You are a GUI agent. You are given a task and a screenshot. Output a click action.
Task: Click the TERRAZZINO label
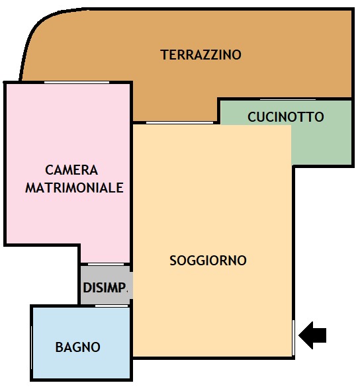click(201, 54)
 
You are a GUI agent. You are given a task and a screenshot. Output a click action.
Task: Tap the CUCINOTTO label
click(286, 116)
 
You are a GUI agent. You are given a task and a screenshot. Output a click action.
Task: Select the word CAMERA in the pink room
click(71, 170)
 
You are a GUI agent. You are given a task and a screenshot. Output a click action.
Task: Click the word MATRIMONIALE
click(74, 188)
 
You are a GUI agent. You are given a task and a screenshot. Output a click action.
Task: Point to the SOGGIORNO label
click(208, 261)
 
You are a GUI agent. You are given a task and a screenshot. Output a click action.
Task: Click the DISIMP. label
click(105, 288)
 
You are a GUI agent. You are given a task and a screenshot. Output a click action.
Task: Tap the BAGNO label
click(78, 347)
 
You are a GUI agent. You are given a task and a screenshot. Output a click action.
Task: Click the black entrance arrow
click(312, 335)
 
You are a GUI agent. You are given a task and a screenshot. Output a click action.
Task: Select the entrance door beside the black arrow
click(293, 337)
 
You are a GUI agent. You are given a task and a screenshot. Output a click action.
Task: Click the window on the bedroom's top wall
click(77, 82)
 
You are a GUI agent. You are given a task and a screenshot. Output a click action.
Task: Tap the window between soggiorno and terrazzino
click(179, 122)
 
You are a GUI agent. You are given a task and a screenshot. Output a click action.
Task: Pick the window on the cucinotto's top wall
click(288, 99)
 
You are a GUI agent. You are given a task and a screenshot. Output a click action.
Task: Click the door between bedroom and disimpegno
click(106, 264)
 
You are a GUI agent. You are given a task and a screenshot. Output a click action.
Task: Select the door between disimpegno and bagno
click(112, 306)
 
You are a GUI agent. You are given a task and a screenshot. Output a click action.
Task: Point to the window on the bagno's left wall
click(31, 347)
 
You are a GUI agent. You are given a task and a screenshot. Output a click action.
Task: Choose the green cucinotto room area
click(322, 143)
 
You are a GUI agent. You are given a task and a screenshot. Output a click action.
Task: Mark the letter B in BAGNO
click(59, 347)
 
